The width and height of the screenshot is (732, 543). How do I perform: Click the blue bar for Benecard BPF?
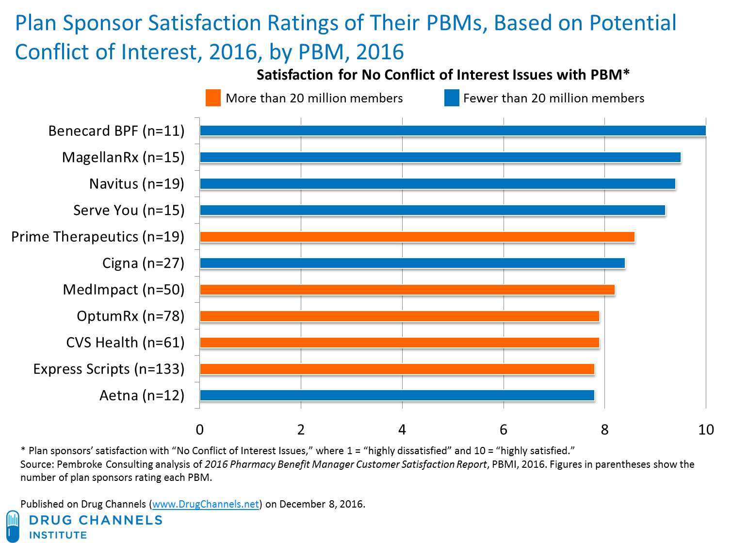pos(453,131)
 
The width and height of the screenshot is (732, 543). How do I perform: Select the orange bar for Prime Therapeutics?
pos(417,236)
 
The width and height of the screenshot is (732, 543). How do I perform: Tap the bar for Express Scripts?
pos(397,369)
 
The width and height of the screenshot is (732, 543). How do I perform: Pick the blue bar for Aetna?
pos(397,395)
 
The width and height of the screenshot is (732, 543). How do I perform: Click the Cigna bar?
pos(413,263)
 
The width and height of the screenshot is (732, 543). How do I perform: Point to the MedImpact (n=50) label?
pos(124,290)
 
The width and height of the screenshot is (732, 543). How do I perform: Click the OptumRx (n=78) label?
pos(130,316)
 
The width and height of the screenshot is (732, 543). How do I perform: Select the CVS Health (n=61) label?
pos(125,343)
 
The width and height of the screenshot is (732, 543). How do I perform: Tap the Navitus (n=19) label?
pos(137,184)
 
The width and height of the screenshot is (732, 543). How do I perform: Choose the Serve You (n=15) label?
pos(129,210)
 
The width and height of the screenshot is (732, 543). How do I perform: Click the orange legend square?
pos(213,98)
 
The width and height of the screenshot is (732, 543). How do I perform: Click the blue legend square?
pos(451,98)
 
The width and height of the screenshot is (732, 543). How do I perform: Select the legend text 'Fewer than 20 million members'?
pos(553,99)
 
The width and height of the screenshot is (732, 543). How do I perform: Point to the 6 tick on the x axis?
pos(503,429)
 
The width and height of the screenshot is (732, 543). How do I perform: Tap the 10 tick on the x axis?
pos(706,429)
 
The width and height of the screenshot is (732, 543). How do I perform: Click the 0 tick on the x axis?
pos(199,429)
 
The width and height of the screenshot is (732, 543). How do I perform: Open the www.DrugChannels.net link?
pos(206,504)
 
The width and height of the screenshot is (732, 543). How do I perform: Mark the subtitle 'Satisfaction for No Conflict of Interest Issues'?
pos(442,75)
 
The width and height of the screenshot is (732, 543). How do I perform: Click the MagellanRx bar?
pos(440,157)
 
